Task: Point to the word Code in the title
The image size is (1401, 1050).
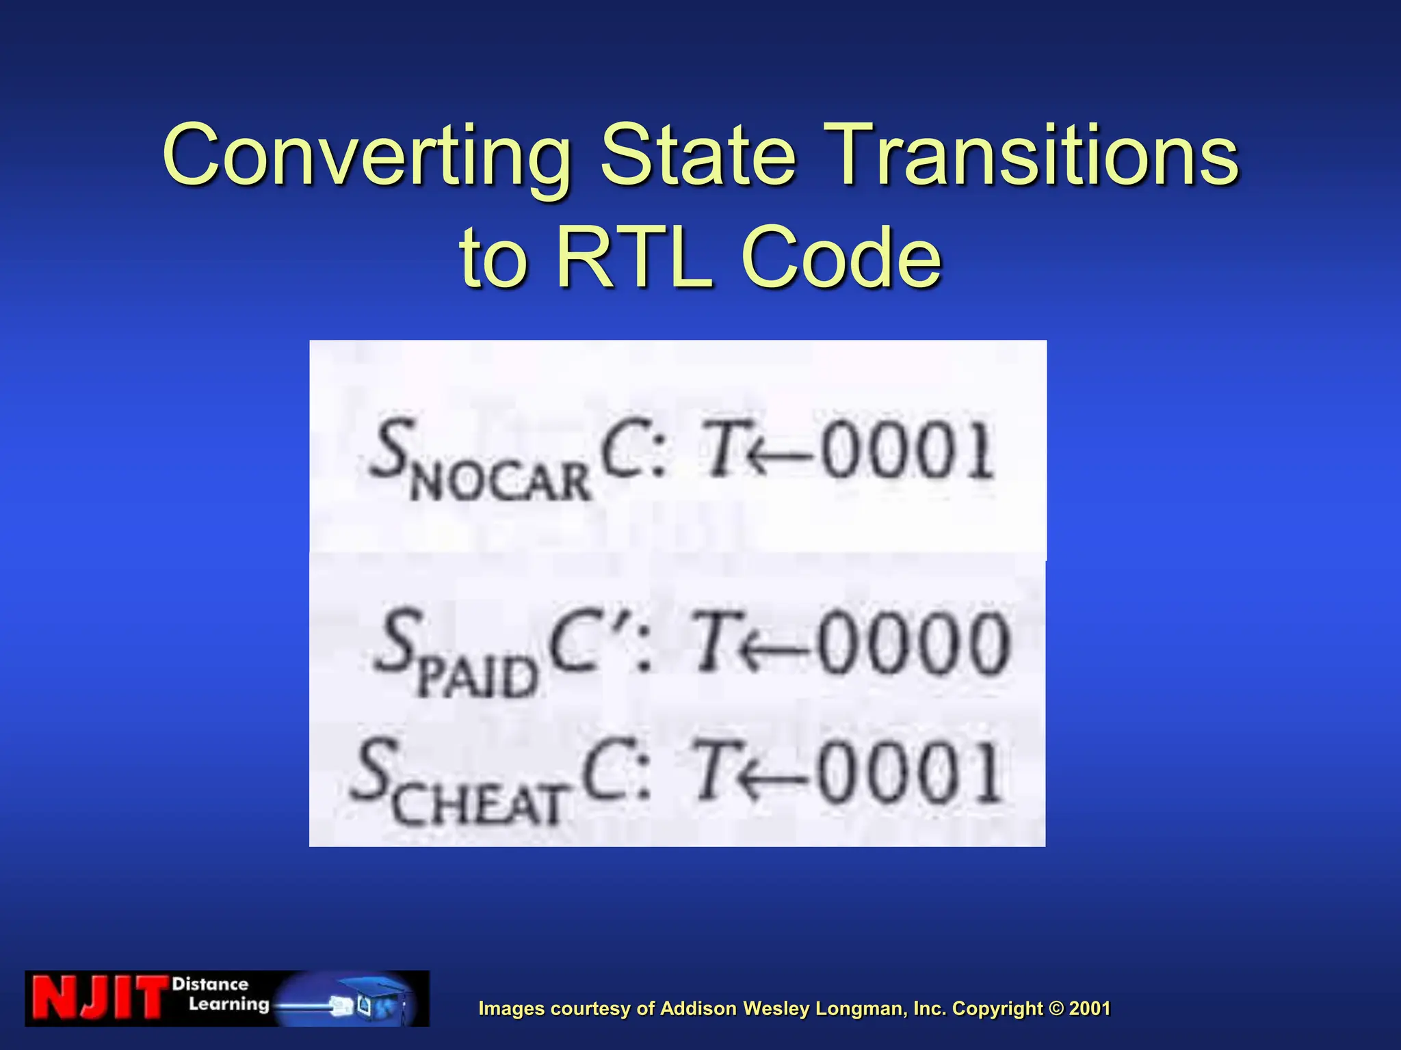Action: [x=841, y=258]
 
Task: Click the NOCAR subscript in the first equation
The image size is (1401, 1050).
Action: [x=500, y=481]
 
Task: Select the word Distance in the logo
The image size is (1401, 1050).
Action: [x=210, y=984]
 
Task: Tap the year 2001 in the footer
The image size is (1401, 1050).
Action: [x=1089, y=1008]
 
